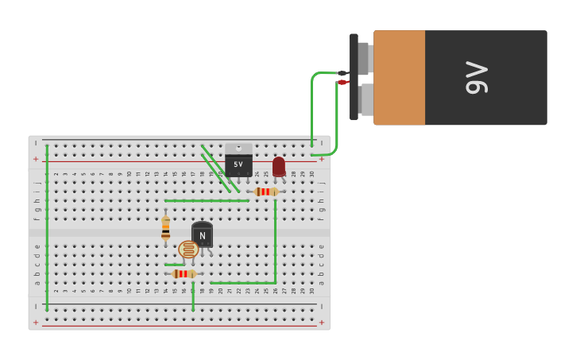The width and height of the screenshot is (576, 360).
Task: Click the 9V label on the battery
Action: [477, 77]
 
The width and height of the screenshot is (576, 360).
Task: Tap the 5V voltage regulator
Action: [238, 164]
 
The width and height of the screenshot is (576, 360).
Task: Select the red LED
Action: [278, 166]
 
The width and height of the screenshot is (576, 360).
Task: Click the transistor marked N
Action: [202, 235]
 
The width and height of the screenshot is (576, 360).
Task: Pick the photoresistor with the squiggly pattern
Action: [188, 250]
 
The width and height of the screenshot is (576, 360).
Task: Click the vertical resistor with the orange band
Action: [165, 228]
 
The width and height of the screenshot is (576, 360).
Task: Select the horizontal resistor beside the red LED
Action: [265, 192]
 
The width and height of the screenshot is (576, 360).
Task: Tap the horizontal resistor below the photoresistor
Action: [184, 273]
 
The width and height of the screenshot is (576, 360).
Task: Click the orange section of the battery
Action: [399, 77]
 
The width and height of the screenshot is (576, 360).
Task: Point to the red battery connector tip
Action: [342, 82]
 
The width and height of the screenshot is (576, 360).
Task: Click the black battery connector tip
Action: [342, 73]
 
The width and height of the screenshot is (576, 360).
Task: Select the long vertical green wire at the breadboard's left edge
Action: [47, 226]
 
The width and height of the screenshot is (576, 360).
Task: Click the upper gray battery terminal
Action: [364, 58]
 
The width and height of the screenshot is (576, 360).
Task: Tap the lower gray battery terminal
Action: [365, 99]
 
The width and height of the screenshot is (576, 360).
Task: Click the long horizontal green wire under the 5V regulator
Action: [207, 200]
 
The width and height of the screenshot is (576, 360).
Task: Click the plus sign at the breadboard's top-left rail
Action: [35, 159]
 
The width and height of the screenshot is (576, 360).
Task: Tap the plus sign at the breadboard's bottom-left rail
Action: [35, 322]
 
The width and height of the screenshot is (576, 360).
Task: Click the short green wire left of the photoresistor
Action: [174, 265]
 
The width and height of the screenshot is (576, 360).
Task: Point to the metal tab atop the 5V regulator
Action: [238, 148]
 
